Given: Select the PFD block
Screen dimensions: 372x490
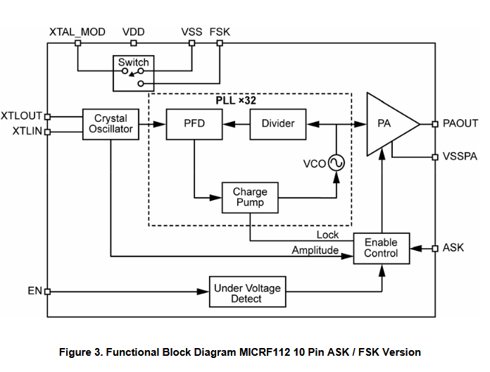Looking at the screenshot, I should (x=194, y=123).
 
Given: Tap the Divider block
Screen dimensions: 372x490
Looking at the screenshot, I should (x=278, y=123).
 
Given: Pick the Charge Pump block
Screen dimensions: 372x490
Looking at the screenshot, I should (x=249, y=197).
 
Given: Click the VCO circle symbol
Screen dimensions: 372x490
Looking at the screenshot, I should (x=336, y=163).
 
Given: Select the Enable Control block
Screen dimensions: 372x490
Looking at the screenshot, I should (x=381, y=248).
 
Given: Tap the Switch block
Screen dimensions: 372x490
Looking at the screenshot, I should (x=133, y=73).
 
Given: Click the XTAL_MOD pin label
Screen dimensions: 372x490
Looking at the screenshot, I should (x=77, y=32).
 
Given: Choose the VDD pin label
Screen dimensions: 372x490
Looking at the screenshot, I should (x=134, y=32).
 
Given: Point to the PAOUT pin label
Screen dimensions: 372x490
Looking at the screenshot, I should (x=460, y=124).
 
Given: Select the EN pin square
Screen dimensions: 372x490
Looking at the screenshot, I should (x=48, y=291).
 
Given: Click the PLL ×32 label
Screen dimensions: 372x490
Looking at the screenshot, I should (x=235, y=101).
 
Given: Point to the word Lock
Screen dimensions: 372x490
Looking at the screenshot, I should (x=327, y=235).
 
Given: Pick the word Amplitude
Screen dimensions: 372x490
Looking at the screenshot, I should (x=315, y=250).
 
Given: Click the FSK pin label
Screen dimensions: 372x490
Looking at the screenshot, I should (x=220, y=32).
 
